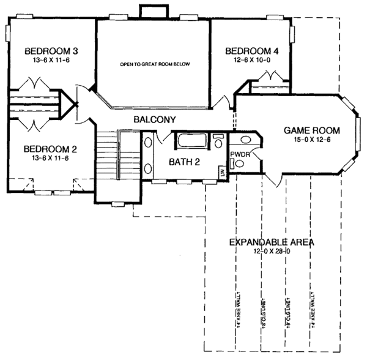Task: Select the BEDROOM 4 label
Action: point(251,50)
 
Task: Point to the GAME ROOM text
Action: point(310,130)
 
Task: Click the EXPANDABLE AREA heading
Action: point(272,242)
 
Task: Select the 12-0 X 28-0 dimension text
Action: point(272,251)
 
